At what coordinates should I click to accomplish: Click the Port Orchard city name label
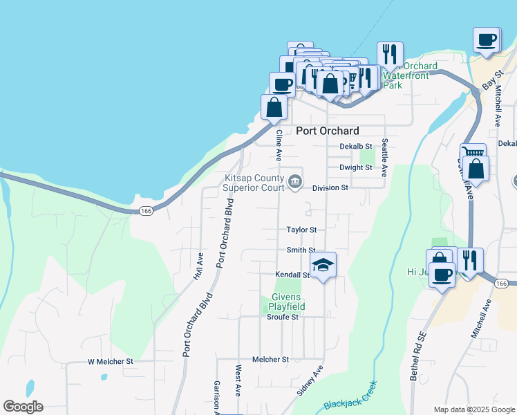click(x=328, y=131)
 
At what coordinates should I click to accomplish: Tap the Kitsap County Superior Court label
click(x=254, y=183)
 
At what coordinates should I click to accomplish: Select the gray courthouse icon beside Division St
click(x=295, y=182)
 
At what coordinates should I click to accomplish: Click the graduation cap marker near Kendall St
click(x=323, y=266)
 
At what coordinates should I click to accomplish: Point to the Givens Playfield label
click(x=283, y=301)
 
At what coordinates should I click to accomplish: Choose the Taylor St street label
click(x=301, y=230)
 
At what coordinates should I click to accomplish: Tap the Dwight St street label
click(x=356, y=167)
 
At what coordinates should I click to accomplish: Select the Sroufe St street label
click(x=282, y=317)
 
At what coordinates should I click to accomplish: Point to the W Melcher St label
click(x=110, y=361)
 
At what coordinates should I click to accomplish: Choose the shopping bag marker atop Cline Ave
click(x=274, y=107)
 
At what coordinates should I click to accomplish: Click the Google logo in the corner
click(x=23, y=407)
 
